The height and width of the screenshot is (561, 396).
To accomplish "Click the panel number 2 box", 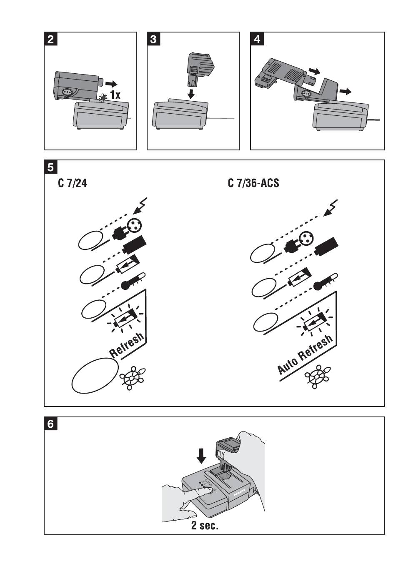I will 51,39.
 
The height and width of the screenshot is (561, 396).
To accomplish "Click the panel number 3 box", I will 153,39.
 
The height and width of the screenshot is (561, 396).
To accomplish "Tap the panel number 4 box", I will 257,39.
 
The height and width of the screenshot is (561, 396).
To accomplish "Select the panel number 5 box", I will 51,167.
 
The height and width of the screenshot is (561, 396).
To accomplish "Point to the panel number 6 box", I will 51,424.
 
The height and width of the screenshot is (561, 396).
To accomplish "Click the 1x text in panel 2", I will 115,95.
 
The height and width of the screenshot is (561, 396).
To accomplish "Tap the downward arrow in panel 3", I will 191,92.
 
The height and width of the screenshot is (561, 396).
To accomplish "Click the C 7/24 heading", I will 73,183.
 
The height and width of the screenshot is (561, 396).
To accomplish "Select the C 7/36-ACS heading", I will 253,183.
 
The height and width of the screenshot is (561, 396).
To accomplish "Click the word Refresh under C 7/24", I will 127,345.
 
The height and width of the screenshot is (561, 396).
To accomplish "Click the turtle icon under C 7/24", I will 133,377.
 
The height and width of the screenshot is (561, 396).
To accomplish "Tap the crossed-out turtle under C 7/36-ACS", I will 318,377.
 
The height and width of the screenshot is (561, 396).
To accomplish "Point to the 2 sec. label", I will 205,525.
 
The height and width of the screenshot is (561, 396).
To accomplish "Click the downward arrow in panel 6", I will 201,456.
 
